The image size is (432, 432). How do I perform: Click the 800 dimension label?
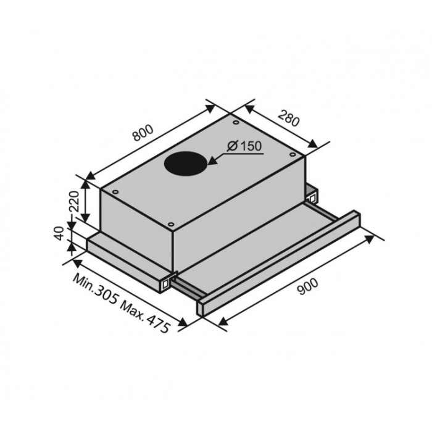tap(143, 133)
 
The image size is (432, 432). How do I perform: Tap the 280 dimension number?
tap(288, 118)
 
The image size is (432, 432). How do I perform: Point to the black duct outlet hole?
tap(185, 163)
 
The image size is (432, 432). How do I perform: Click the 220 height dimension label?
tap(74, 201)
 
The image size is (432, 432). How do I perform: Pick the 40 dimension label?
tap(59, 233)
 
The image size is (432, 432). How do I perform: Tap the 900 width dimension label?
tap(308, 286)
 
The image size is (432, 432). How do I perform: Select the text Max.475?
tap(145, 316)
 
